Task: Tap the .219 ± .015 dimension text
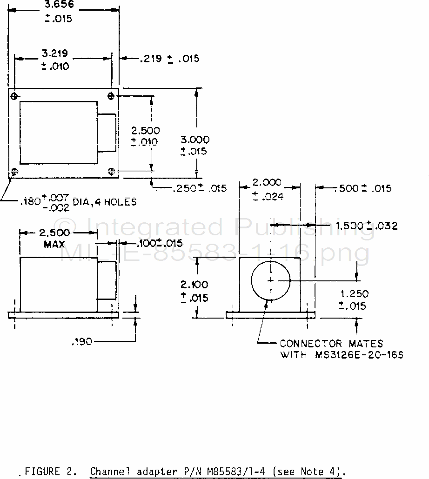(x=169, y=58)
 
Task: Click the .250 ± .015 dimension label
(x=200, y=188)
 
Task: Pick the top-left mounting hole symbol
(x=14, y=97)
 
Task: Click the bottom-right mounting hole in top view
(x=112, y=172)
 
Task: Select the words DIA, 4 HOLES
(x=105, y=202)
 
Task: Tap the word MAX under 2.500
(x=54, y=245)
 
